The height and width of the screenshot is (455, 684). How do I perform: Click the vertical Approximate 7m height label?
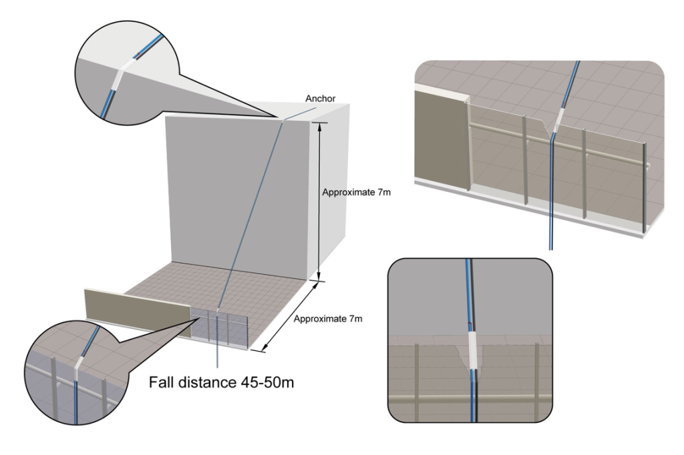pyautogui.click(x=356, y=192)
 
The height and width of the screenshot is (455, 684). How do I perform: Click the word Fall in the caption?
pyautogui.click(x=162, y=384)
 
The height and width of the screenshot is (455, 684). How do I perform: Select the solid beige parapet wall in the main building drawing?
pyautogui.click(x=137, y=311)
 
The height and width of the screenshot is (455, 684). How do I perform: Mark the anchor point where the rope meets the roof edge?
pyautogui.click(x=283, y=119)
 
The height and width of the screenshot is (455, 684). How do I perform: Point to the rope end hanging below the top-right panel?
pyautogui.click(x=550, y=246)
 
